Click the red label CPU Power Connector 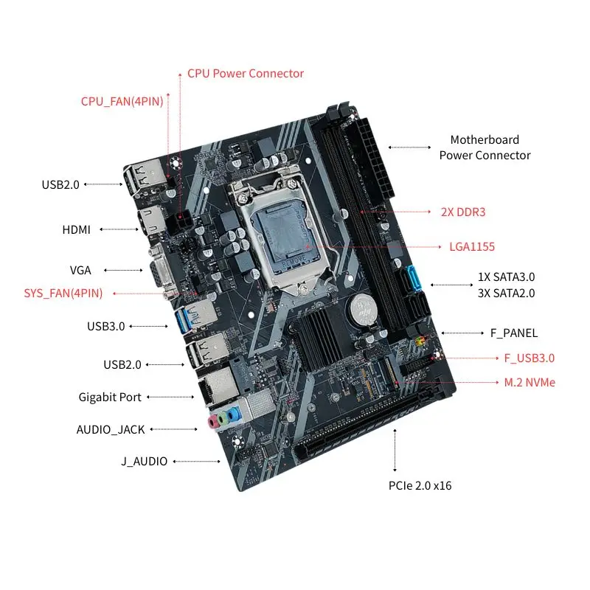(x=246, y=73)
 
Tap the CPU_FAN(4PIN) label (x=122, y=101)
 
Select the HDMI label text (x=77, y=229)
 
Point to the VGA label (x=80, y=270)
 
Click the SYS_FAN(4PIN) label (x=63, y=293)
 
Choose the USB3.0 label (x=105, y=326)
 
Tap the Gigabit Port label (x=110, y=397)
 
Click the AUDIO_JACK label (x=111, y=429)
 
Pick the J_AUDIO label (x=144, y=461)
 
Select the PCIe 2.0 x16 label (x=420, y=485)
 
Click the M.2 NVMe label (x=530, y=382)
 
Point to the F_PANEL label (x=514, y=333)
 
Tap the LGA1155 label (x=472, y=247)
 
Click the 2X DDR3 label (x=463, y=212)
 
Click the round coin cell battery (x=364, y=309)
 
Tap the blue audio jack (x=234, y=415)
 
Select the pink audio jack (x=214, y=421)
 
